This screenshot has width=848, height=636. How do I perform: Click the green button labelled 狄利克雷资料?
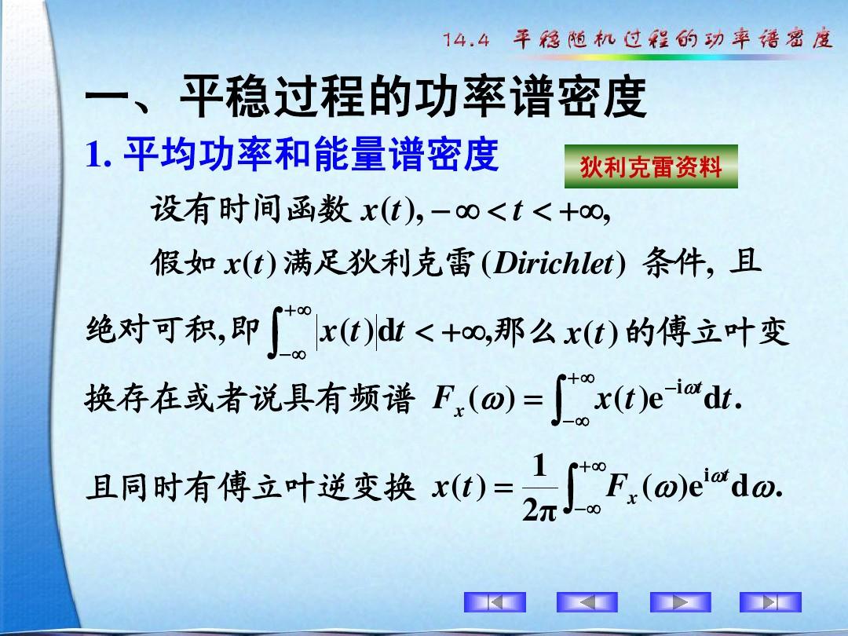click(651, 166)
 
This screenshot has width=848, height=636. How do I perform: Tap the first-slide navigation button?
click(495, 602)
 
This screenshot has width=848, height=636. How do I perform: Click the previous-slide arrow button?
click(587, 602)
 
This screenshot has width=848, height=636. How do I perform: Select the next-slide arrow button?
click(680, 602)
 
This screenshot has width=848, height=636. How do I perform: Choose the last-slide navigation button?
click(771, 602)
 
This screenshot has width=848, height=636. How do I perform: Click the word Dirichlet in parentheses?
click(554, 263)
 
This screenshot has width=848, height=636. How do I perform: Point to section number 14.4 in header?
click(466, 40)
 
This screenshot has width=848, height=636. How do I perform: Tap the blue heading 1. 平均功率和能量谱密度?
click(292, 154)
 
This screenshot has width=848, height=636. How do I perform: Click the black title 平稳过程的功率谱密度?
click(413, 97)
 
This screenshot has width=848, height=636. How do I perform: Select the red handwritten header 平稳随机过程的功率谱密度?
click(673, 39)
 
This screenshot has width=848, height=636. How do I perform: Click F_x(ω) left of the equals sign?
click(473, 400)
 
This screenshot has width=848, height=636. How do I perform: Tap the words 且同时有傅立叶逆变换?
click(250, 488)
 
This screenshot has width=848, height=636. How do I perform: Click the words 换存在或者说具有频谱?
click(250, 400)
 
